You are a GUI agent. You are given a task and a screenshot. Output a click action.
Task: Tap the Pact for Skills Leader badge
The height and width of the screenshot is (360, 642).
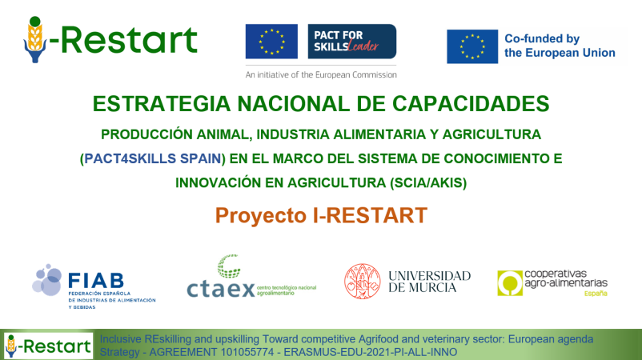(351, 42)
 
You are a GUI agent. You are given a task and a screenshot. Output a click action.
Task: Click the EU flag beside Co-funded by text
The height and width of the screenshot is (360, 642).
(471, 46)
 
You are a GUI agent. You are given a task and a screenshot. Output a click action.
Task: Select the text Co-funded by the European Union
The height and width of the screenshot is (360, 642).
(559, 46)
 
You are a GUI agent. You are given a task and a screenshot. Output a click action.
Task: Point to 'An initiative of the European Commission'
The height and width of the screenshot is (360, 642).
(320, 74)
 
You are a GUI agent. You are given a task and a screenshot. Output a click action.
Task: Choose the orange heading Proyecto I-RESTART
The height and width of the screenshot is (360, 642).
(321, 215)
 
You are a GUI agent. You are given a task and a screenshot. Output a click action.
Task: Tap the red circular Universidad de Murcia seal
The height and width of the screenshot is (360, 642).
(363, 282)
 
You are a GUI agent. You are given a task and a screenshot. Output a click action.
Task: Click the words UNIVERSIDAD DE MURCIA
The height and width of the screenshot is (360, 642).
(429, 281)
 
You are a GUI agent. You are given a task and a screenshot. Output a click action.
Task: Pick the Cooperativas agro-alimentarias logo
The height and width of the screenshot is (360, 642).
(552, 282)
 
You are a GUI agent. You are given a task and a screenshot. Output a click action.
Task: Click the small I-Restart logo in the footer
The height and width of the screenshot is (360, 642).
(48, 345)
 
